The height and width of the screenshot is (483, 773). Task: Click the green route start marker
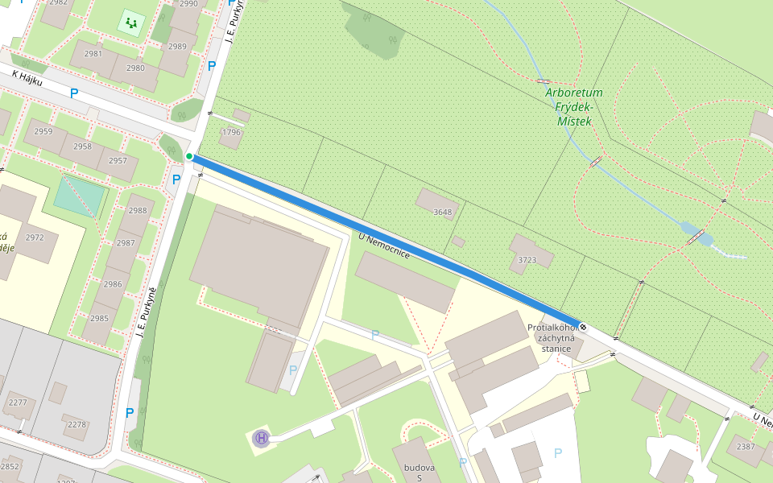pos(189,156)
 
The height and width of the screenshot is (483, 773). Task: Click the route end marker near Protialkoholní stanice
pos(583,328)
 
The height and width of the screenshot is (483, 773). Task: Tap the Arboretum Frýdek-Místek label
pos(573,106)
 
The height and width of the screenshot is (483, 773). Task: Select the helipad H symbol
pos(261,438)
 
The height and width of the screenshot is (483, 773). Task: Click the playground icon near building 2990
pos(131,23)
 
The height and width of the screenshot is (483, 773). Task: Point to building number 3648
pos(443,213)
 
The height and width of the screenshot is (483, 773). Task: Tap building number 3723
pos(527,260)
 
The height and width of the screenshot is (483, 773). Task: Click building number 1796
pos(232,133)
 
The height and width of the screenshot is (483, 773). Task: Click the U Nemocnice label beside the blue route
pos(384,245)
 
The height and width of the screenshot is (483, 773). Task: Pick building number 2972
pos(35,237)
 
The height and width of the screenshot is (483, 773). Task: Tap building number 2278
pos(76,424)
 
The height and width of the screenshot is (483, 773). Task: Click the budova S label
pos(420,473)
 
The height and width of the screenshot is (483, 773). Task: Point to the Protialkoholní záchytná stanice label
pos(551,337)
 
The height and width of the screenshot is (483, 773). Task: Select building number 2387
pos(746,447)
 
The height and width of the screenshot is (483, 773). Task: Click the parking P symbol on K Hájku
pos(74,93)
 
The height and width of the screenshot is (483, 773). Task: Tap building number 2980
pos(135,68)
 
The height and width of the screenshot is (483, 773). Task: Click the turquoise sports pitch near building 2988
pos(79,196)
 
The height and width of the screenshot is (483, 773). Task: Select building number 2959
pos(43,131)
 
